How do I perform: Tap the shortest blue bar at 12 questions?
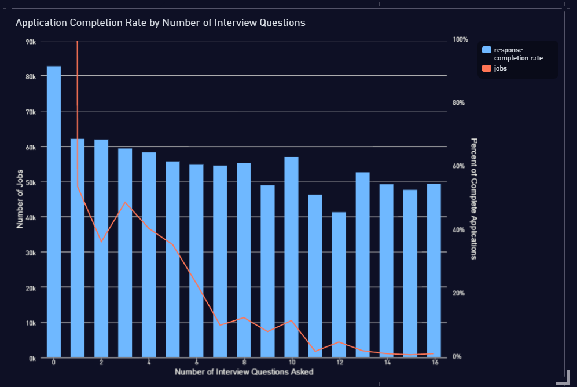click(339, 284)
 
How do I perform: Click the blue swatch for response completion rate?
click(487, 50)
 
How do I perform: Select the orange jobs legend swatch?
click(487, 68)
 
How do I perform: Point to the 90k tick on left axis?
click(31, 41)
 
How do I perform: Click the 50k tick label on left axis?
click(31, 182)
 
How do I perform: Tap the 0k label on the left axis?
click(32, 358)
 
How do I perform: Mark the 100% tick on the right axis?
click(460, 39)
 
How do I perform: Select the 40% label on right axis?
click(459, 230)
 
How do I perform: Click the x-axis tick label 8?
click(244, 362)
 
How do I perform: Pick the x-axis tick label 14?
click(387, 362)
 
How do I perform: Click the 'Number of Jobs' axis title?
click(20, 198)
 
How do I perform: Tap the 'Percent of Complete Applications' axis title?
click(473, 198)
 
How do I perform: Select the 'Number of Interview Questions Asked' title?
click(244, 371)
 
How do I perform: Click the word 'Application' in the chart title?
click(41, 23)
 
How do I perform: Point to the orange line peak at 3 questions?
click(125, 202)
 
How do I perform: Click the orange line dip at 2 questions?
click(101, 242)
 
